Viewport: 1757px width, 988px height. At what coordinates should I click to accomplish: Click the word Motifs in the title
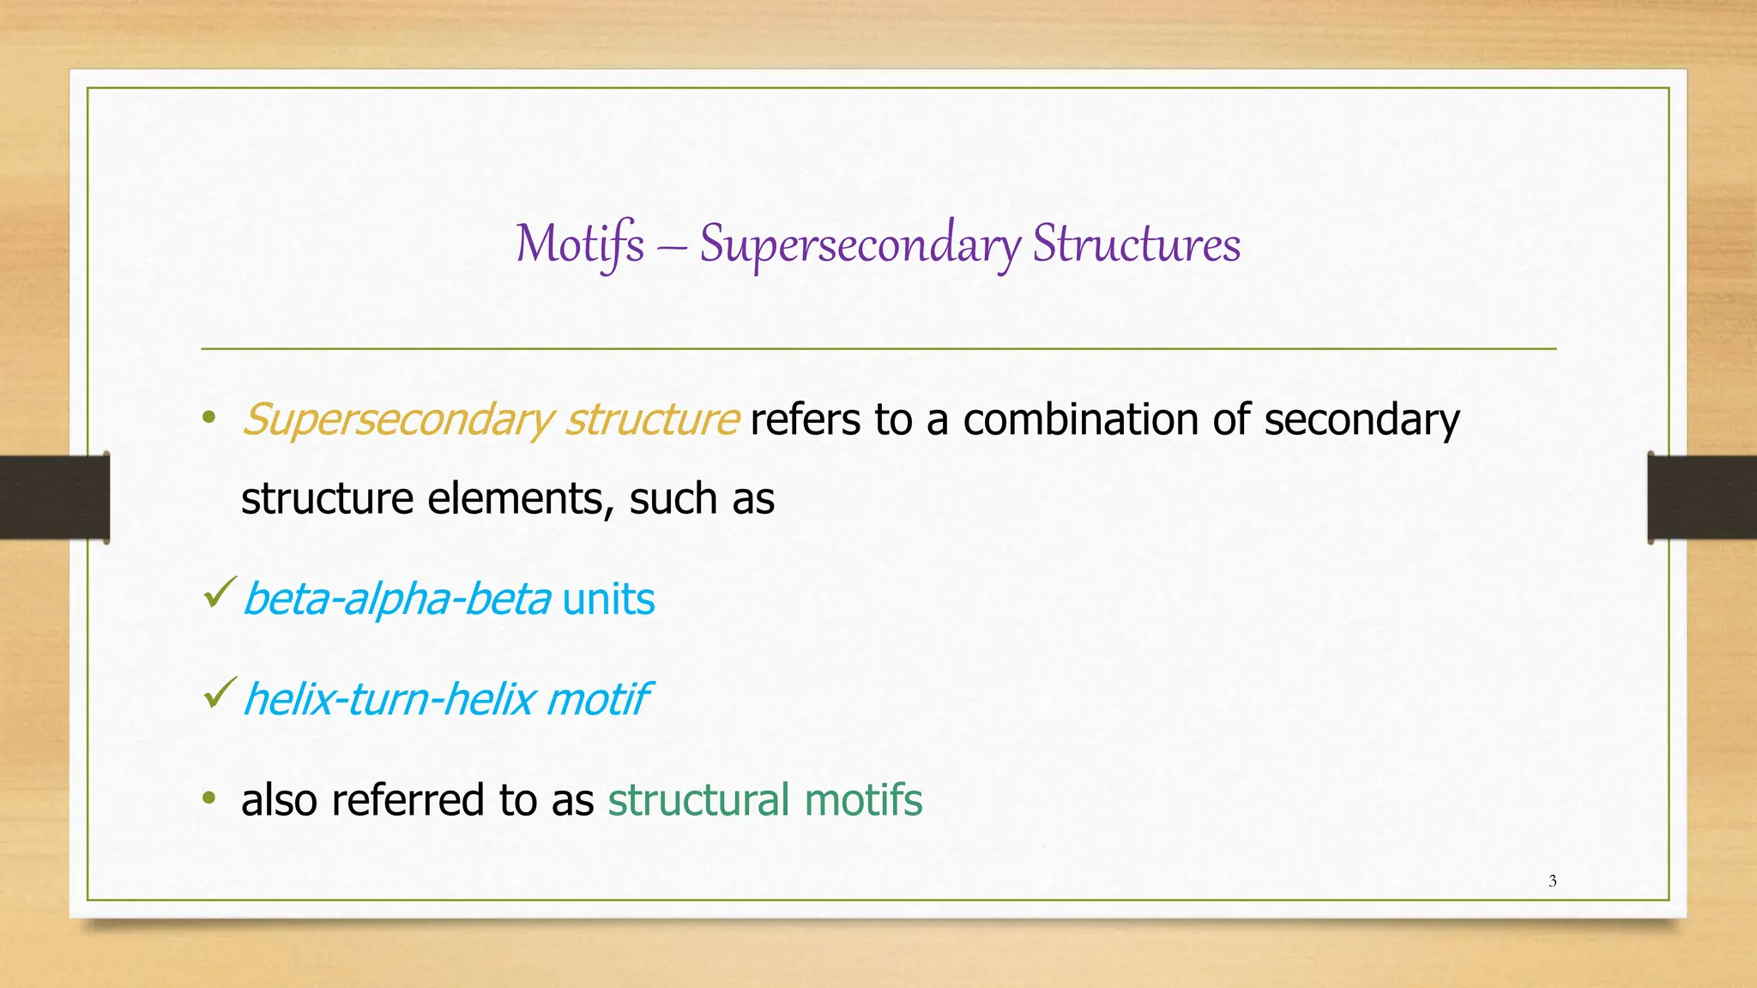(580, 244)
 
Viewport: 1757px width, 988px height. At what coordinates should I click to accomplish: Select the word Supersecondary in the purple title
(860, 244)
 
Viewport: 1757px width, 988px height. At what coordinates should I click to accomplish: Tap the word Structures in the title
(1136, 244)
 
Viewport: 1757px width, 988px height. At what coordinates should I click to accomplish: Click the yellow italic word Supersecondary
(398, 420)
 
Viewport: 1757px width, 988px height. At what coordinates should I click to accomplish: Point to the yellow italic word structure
(652, 420)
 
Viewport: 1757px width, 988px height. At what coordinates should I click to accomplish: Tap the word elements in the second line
(520, 499)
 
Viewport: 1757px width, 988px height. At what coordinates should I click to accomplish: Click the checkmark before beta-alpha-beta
(220, 593)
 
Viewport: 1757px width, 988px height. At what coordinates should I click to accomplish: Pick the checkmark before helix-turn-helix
(220, 693)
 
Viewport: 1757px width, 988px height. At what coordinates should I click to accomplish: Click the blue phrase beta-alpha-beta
(396, 599)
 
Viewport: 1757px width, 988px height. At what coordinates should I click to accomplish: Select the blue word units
(608, 599)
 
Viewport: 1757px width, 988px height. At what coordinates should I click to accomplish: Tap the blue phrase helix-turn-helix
(389, 699)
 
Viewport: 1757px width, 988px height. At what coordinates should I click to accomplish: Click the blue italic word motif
(598, 699)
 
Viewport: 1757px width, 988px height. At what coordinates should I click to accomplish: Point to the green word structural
(698, 800)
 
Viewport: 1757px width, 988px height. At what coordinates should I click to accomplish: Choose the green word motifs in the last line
(863, 800)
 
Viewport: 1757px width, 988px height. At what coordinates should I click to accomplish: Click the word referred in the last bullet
(408, 800)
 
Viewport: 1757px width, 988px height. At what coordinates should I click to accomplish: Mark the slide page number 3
(1552, 881)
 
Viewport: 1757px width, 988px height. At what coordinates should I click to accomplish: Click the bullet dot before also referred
(208, 798)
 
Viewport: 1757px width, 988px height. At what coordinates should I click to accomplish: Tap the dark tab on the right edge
(1701, 497)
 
